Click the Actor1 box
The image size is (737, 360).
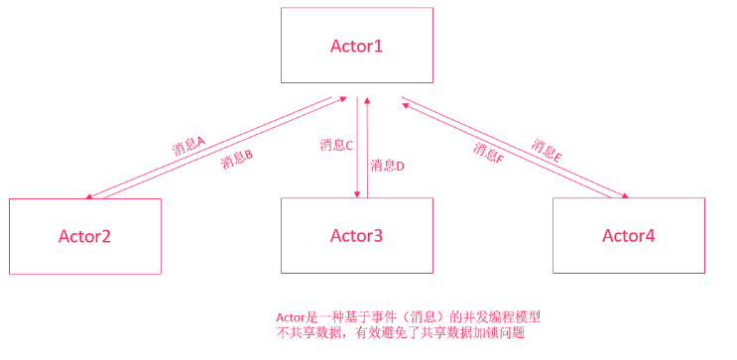[x=356, y=46]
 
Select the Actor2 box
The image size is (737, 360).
[x=84, y=236]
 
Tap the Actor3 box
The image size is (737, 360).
[x=356, y=236]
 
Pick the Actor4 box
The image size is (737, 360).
[x=628, y=236]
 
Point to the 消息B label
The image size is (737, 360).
[x=237, y=160]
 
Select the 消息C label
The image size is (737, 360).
[x=336, y=145]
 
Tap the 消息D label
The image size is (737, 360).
[x=387, y=166]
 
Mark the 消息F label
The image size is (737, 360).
[x=489, y=153]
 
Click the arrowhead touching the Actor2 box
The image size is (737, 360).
[x=90, y=196]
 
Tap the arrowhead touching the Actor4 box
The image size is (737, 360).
[x=624, y=196]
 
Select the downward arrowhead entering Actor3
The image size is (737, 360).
[x=356, y=194]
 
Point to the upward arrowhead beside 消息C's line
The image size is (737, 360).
[x=368, y=99]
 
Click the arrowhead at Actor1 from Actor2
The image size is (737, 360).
[x=341, y=98]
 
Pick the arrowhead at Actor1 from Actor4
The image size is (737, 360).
[x=405, y=100]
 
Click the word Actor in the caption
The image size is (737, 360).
[x=291, y=317]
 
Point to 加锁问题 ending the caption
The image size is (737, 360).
[x=508, y=334]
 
